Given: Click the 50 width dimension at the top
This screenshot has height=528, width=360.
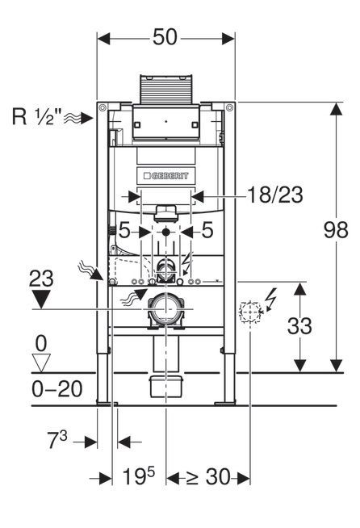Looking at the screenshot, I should pyautogui.click(x=166, y=38).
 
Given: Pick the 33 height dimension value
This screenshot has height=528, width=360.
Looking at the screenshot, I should pyautogui.click(x=299, y=325).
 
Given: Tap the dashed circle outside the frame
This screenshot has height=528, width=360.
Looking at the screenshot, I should pyautogui.click(x=251, y=311).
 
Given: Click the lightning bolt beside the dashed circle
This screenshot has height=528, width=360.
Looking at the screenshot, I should pyautogui.click(x=271, y=302).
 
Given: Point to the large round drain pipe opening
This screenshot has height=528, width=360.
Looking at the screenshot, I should pyautogui.click(x=166, y=311).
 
